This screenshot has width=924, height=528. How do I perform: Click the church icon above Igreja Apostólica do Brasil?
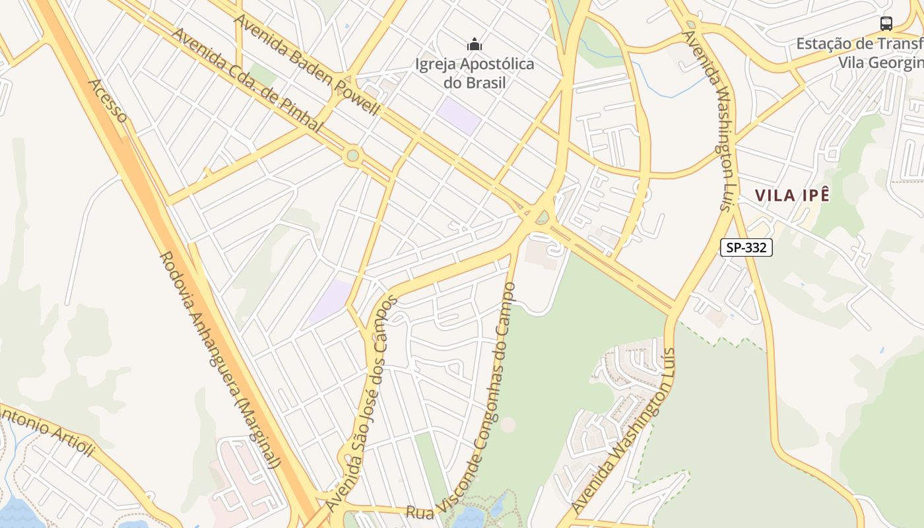coord(474,45)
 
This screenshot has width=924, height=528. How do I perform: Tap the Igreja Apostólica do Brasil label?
coord(474,73)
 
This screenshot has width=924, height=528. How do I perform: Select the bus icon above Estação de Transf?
coord(886,24)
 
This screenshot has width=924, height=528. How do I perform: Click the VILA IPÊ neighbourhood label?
coord(792,195)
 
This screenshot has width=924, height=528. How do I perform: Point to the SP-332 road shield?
coord(746,247)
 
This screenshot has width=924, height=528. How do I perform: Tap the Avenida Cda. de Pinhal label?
coord(247,79)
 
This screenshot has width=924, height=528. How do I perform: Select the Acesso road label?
coord(108,101)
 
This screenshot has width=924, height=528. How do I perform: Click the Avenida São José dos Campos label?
coord(362,402)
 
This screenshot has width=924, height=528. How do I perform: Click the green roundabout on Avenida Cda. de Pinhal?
coord(353,156)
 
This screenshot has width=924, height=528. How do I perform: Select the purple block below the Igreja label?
coord(458,115)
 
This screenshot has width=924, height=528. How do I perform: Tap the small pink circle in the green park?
coord(508,424)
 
